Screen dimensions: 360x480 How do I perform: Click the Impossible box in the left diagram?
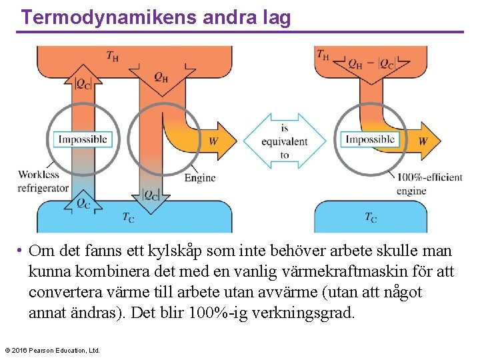tap(83, 139)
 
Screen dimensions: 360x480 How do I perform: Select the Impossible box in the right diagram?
tap(370, 139)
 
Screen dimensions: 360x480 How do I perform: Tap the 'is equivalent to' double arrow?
tap(285, 141)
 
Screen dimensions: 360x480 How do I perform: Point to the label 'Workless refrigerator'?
tap(43, 181)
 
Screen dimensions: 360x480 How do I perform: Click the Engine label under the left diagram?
tap(200, 178)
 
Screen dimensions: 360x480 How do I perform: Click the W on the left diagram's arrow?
tap(213, 141)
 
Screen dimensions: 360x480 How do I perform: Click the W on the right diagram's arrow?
tap(423, 141)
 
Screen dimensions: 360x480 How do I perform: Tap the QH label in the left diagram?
tap(161, 77)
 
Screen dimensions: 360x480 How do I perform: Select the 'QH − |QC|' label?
tap(371, 65)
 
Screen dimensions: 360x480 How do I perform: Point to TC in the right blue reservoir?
tap(371, 217)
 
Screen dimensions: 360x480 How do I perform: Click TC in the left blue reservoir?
tap(129, 217)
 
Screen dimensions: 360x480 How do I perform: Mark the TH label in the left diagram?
tap(113, 55)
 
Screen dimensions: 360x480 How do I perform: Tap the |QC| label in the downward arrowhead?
tap(151, 195)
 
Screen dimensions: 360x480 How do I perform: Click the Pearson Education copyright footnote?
tap(52, 350)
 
